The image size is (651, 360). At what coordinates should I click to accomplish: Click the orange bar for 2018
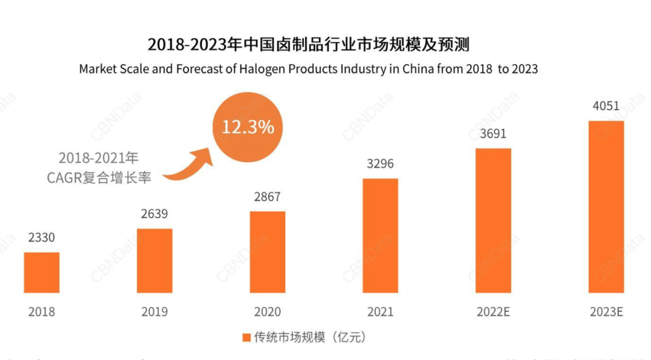click(x=42, y=273)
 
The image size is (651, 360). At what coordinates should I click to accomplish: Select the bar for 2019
click(x=154, y=261)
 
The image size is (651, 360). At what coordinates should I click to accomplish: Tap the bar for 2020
click(x=268, y=252)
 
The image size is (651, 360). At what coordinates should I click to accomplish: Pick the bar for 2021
click(x=380, y=236)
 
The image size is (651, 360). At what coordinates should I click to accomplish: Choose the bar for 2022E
click(x=493, y=221)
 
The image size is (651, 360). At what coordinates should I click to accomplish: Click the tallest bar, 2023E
click(x=606, y=207)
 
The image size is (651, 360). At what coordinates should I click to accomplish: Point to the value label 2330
click(x=41, y=238)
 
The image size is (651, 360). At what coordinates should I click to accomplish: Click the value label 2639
click(x=154, y=214)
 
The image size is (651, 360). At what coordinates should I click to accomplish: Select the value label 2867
click(x=267, y=197)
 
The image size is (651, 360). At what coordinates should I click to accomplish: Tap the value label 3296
click(x=380, y=164)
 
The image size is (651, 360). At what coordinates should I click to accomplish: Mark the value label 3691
click(x=493, y=134)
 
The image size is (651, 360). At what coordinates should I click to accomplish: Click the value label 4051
click(x=606, y=106)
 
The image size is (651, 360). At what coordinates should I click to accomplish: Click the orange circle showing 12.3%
click(x=248, y=127)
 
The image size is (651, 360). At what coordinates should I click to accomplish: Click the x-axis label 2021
click(x=380, y=312)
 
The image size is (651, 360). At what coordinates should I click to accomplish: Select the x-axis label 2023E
click(x=606, y=312)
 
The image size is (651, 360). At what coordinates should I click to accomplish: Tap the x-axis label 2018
click(x=42, y=312)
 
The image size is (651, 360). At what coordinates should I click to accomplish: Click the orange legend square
click(x=246, y=337)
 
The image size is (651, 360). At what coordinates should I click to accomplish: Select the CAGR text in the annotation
click(x=64, y=178)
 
